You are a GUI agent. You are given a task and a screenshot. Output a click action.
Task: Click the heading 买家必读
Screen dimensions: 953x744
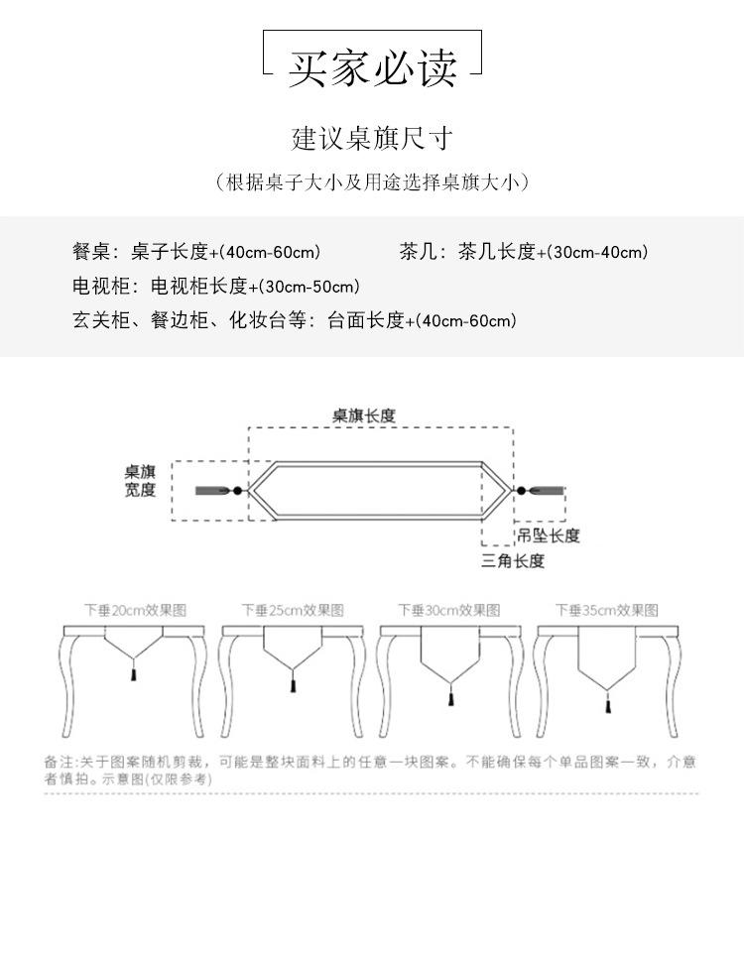pyautogui.click(x=372, y=67)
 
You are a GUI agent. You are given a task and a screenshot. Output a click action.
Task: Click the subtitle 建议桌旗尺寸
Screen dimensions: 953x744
pyautogui.click(x=372, y=137)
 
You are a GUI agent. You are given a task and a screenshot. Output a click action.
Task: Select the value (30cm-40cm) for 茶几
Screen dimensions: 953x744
pyautogui.click(x=597, y=252)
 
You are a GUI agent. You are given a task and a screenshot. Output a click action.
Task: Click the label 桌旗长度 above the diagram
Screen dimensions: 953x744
pyautogui.click(x=364, y=416)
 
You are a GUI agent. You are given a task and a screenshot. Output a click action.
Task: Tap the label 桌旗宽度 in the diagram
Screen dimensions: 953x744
pyautogui.click(x=140, y=481)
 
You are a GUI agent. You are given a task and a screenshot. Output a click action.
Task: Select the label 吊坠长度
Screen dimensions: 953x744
pyautogui.click(x=549, y=536)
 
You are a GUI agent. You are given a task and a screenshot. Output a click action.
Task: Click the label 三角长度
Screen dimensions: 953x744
pyautogui.click(x=513, y=561)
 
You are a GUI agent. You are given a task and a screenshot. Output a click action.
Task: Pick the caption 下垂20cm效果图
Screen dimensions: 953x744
pyautogui.click(x=135, y=610)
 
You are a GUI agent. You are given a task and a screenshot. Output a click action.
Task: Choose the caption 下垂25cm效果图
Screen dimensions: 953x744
pyautogui.click(x=293, y=610)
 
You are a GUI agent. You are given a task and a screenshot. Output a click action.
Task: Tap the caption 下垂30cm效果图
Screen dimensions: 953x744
pyautogui.click(x=449, y=610)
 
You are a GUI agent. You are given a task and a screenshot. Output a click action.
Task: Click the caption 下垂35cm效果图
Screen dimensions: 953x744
pyautogui.click(x=606, y=610)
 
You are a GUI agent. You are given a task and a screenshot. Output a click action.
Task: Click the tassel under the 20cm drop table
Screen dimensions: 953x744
pyautogui.click(x=134, y=674)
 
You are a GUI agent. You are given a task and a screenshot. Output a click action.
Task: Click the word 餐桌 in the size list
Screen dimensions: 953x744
pyautogui.click(x=88, y=252)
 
